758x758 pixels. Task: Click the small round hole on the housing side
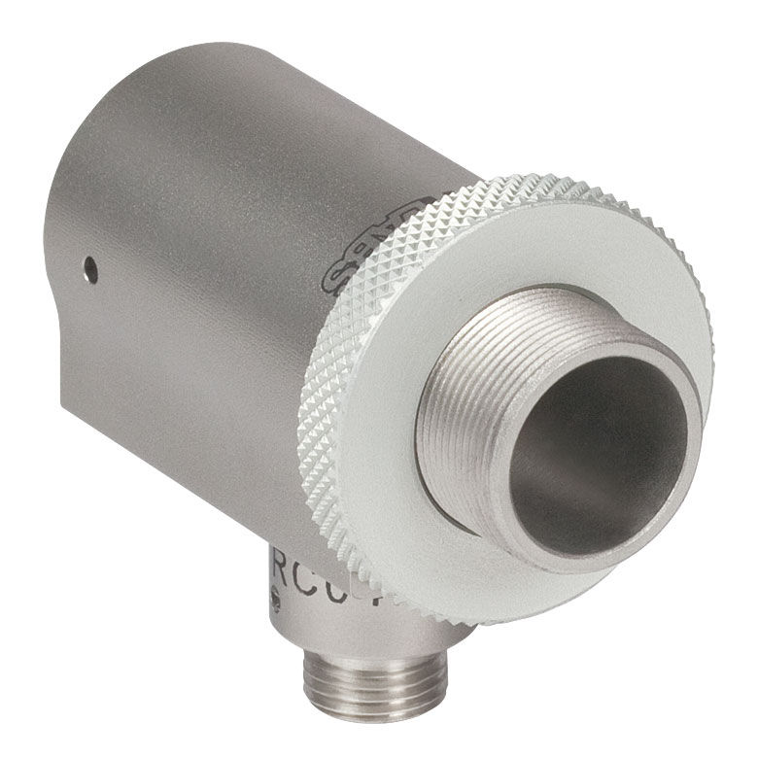point(89,265)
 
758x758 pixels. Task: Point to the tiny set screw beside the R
point(276,601)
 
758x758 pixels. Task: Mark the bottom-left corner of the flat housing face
point(64,408)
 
